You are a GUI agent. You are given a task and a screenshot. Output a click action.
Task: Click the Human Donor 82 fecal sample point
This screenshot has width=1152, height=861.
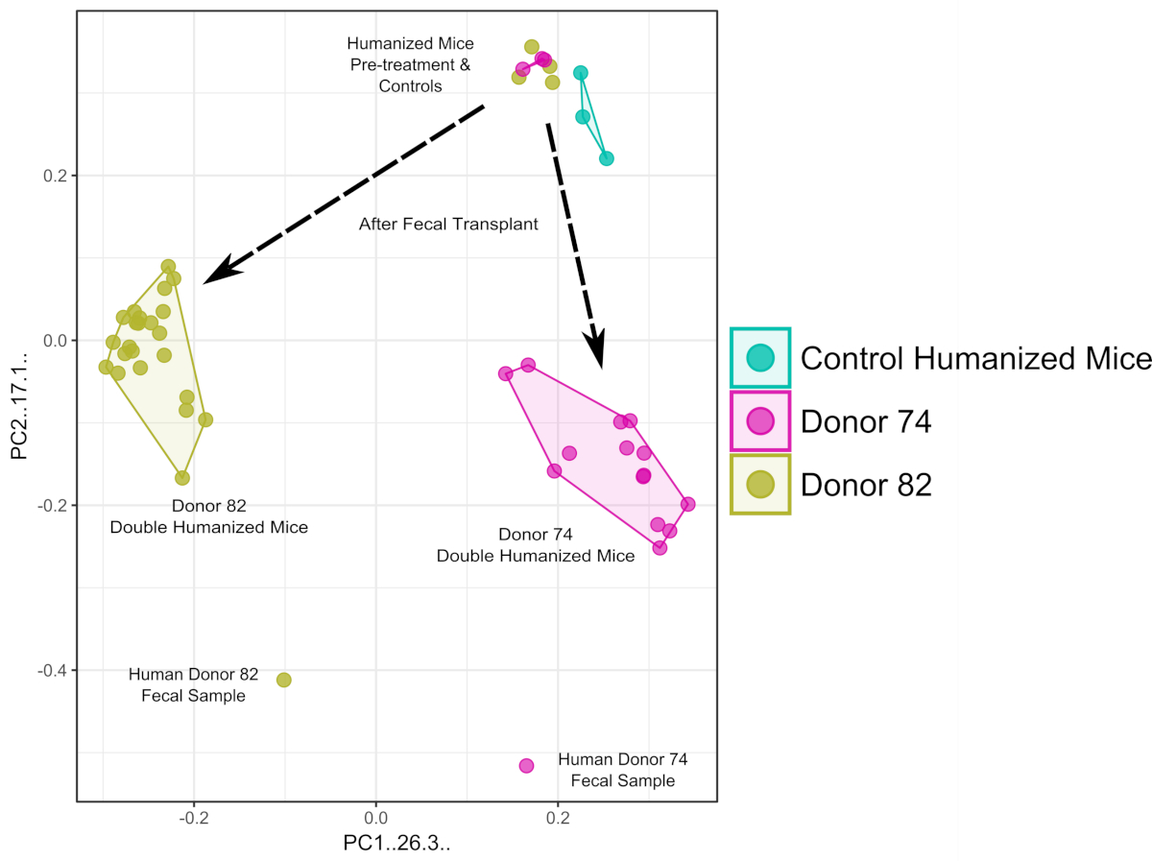[283, 680]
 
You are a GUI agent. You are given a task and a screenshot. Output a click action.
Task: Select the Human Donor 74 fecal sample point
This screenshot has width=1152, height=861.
[526, 765]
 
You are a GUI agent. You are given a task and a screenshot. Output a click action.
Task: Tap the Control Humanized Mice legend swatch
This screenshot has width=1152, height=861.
[760, 358]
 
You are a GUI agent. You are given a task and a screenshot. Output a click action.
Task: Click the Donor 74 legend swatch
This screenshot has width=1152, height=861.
[760, 421]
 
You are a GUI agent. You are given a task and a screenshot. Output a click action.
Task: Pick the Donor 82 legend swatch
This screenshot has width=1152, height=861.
[760, 485]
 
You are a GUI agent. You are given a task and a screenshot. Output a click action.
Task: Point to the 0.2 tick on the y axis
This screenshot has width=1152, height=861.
[59, 176]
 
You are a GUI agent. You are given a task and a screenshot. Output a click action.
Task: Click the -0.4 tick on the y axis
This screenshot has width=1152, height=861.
[56, 670]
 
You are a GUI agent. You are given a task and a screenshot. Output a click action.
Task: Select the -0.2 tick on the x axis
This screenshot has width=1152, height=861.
[194, 818]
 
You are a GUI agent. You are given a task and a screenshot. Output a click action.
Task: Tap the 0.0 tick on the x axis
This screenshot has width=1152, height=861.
[376, 818]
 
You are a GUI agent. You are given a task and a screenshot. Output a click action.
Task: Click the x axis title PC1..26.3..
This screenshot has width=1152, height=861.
[396, 844]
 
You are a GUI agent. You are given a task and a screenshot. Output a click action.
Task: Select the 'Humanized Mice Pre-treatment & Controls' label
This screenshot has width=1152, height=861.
[410, 64]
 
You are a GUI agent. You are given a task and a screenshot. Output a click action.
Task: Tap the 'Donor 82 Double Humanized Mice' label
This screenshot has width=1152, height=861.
[209, 516]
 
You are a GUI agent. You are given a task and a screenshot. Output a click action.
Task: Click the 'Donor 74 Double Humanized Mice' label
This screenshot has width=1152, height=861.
[536, 545]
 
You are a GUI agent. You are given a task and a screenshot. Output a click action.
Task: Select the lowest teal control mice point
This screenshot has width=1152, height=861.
[606, 158]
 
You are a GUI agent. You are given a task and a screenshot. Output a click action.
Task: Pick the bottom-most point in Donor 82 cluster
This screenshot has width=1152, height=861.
[182, 477]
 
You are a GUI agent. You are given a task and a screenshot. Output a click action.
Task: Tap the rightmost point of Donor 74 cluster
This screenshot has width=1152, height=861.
[687, 504]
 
